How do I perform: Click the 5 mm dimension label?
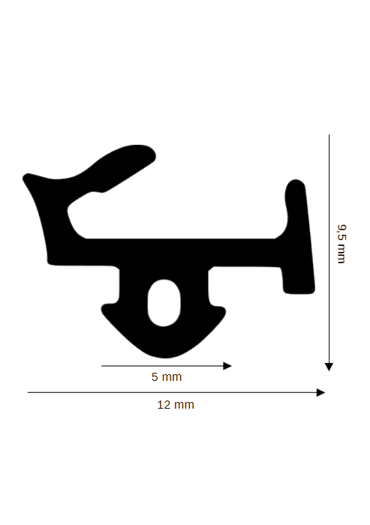tap(167, 377)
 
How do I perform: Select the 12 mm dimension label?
tap(176, 405)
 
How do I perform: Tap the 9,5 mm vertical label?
tap(341, 244)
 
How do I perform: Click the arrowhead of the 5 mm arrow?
tap(227, 366)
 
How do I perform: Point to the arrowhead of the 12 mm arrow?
tap(320, 392)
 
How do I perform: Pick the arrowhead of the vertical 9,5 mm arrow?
tap(329, 367)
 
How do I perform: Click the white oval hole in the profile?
tap(164, 303)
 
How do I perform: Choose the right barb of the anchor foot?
tap(221, 310)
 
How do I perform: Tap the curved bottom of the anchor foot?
tap(164, 356)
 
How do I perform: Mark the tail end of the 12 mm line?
tap(28, 392)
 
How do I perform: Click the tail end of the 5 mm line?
tap(102, 366)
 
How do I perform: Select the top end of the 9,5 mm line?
tap(329, 134)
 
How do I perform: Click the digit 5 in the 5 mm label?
tap(155, 377)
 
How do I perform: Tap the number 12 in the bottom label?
tap(164, 405)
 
